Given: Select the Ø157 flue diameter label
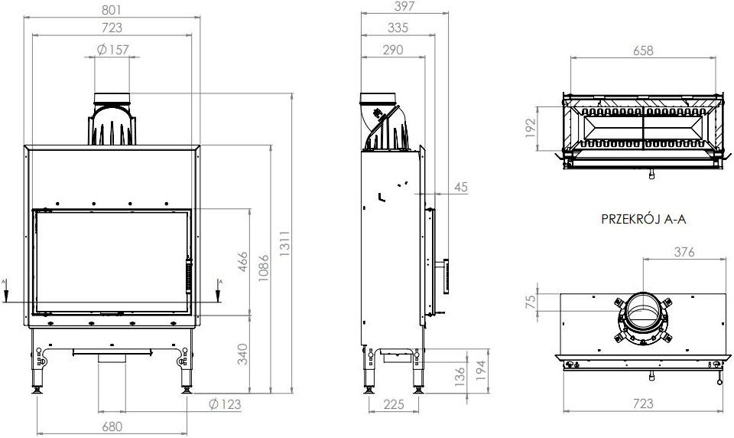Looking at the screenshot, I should click(113, 50).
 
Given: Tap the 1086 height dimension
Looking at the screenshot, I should click(263, 269).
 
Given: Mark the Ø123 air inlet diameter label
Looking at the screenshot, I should click(223, 404).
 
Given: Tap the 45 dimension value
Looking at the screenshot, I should click(460, 187).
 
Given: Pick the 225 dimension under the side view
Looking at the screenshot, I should click(395, 405).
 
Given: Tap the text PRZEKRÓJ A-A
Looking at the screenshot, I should click(645, 220).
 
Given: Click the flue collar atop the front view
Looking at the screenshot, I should click(112, 100).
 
